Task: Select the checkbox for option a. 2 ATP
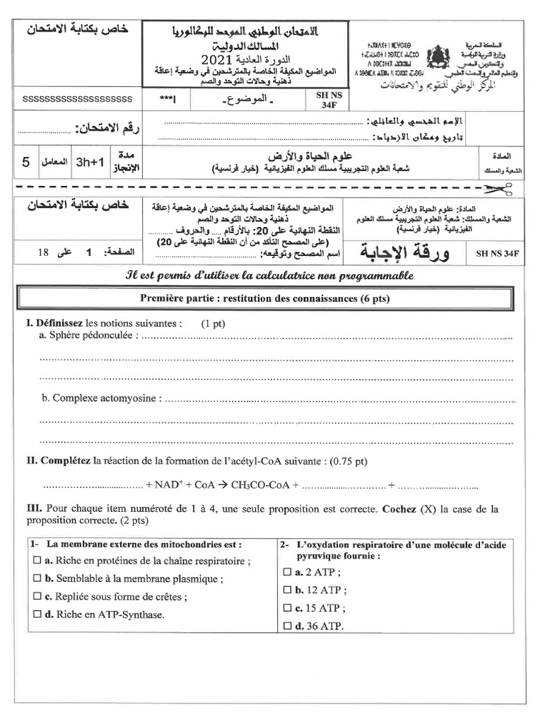[287, 572]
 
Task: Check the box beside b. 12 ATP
[287, 590]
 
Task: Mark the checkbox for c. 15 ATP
[287, 607]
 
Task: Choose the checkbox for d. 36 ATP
[287, 626]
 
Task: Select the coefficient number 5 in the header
[25, 162]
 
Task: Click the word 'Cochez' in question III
[400, 509]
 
